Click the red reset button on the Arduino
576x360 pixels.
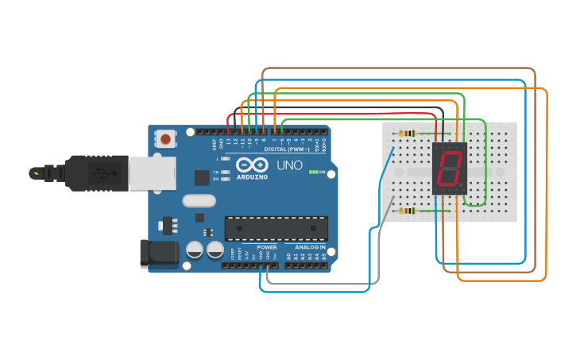coord(165,140)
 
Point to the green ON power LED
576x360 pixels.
coord(315,172)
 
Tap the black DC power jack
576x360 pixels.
coord(158,254)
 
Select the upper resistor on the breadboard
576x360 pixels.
coord(408,133)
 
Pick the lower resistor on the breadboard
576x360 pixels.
coord(408,211)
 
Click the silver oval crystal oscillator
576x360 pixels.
coord(199,200)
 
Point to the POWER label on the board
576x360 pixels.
coord(267,247)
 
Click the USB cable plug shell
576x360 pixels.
coord(95,172)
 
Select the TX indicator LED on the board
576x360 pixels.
coord(226,172)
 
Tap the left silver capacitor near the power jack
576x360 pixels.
coord(195,250)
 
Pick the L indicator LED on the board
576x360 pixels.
coord(226,159)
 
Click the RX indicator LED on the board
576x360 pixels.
coord(226,179)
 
